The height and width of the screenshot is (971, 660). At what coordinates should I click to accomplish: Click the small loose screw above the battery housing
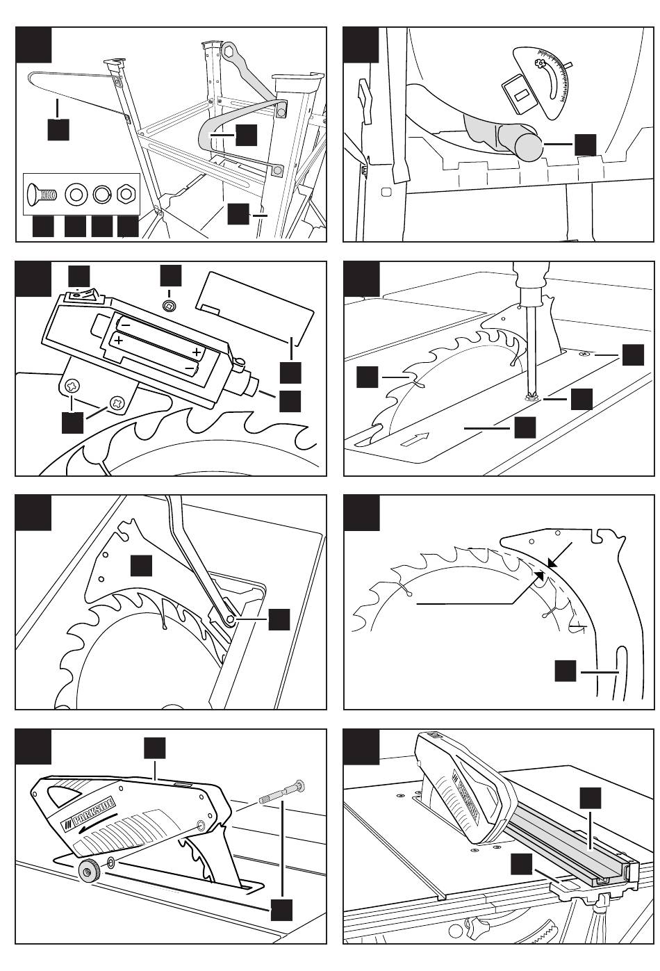[169, 304]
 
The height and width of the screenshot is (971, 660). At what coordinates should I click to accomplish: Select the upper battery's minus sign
[126, 323]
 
